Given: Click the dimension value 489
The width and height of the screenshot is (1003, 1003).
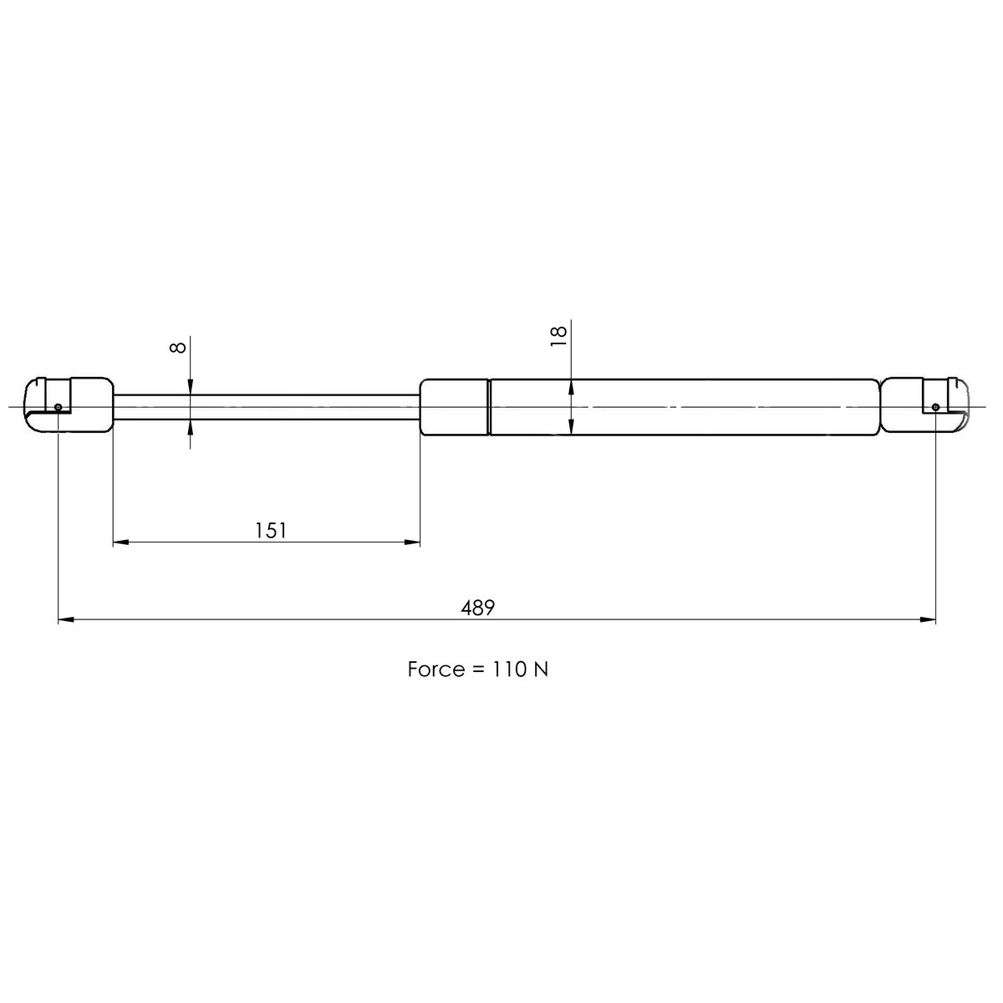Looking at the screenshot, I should click(x=479, y=608).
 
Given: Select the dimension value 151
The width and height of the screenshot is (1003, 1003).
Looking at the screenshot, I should click(x=271, y=530).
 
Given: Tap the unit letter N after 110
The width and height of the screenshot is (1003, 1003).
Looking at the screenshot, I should click(x=541, y=670).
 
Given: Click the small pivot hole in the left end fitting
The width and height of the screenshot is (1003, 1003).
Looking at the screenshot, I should click(x=58, y=407).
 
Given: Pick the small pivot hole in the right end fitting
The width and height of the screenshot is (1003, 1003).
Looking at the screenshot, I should click(x=935, y=407).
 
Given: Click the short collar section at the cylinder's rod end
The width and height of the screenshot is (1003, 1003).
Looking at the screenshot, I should click(x=454, y=407).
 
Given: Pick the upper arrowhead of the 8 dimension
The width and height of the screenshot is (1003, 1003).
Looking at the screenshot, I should click(x=191, y=386).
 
